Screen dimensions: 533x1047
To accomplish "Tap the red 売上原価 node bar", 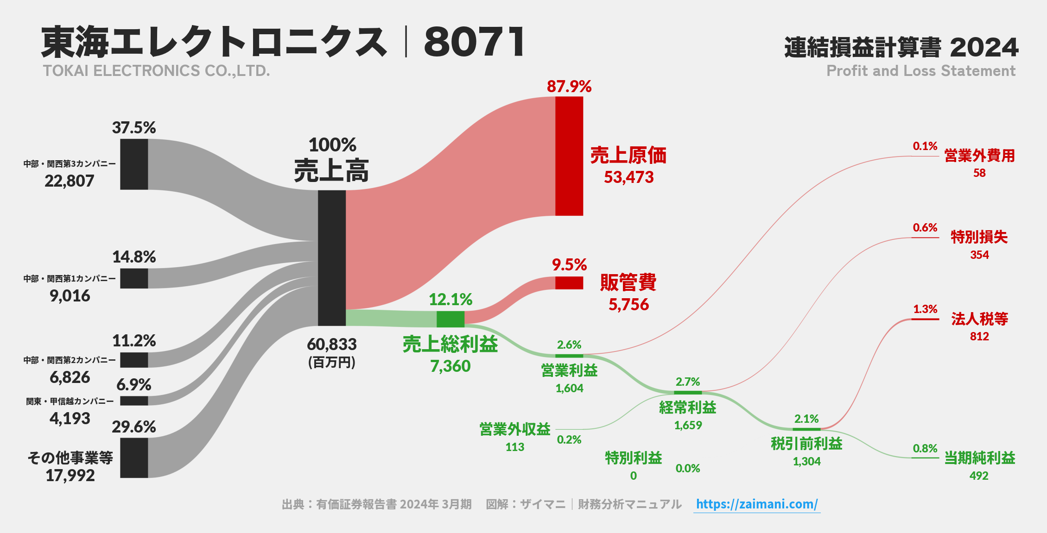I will click(569, 156).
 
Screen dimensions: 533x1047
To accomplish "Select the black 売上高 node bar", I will click(332, 257).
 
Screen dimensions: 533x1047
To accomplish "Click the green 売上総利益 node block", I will click(450, 319).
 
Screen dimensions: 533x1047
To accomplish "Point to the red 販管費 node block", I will click(569, 282).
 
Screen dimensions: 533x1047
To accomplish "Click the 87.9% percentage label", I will click(569, 87).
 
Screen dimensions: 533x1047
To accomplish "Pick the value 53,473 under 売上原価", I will click(628, 177).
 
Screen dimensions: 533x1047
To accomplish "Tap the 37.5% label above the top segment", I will click(134, 128).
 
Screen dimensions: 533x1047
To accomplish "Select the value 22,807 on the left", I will click(70, 181).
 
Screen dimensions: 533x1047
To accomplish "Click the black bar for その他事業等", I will click(134, 458).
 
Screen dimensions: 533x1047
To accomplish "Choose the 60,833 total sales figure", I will click(332, 345).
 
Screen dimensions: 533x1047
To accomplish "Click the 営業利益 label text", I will click(569, 370).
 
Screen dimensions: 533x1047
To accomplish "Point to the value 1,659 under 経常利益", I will click(688, 425).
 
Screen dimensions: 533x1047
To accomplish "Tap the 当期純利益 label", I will click(980, 458).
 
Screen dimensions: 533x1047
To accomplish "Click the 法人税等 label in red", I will click(979, 319).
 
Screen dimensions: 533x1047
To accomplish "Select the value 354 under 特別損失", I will click(979, 255).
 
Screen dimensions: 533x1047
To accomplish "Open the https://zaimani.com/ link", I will click(757, 504).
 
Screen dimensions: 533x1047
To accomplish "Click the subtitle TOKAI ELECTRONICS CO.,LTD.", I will click(156, 71).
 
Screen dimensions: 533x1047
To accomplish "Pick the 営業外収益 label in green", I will click(515, 429).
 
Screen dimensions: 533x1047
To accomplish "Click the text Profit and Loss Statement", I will click(921, 71).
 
